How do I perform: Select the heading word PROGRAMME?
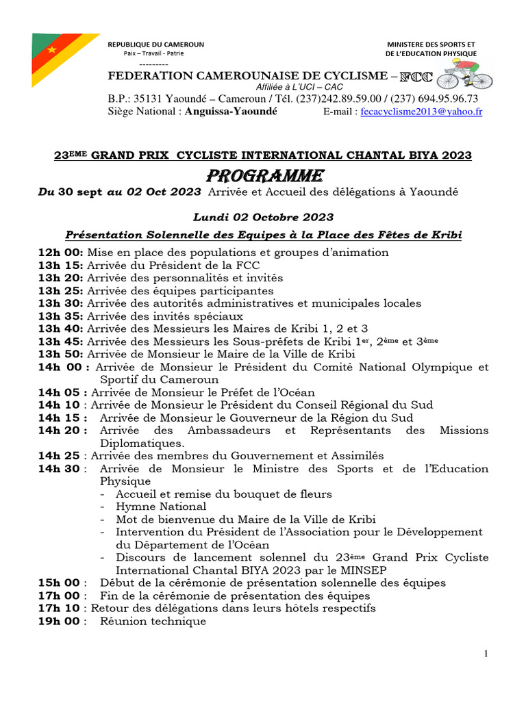[263, 175]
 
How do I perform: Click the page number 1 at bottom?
[486, 654]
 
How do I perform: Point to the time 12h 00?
[60, 253]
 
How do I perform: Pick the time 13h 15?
[60, 266]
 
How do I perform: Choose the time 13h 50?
[60, 355]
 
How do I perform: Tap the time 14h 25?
[60, 456]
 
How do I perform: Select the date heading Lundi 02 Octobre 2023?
[263, 217]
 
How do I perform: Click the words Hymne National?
[161, 507]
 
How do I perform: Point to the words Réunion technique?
[153, 622]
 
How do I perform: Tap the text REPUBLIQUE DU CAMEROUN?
[156, 44]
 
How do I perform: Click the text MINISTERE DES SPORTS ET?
[431, 44]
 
